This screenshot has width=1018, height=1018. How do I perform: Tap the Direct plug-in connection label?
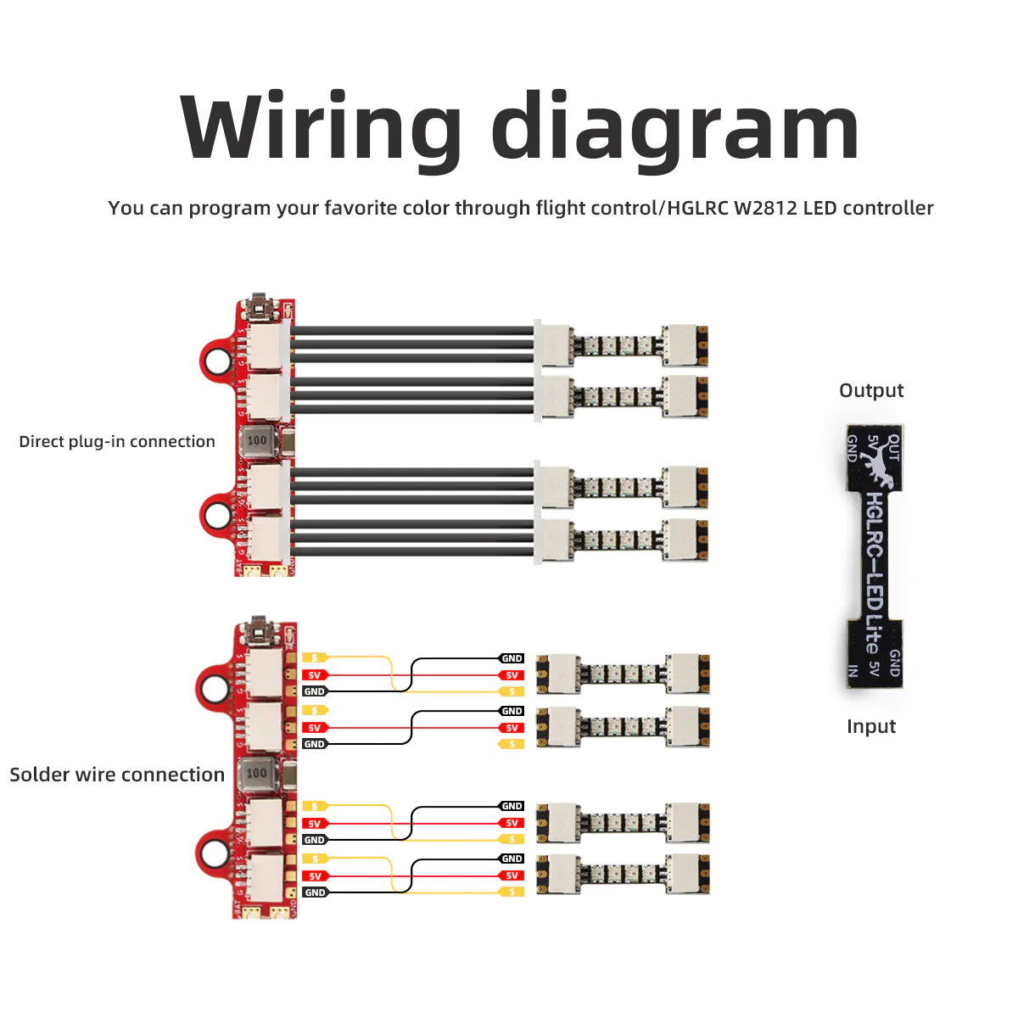tap(117, 441)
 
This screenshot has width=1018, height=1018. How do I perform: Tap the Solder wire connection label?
tap(117, 775)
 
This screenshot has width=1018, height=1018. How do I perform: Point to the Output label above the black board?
tap(871, 390)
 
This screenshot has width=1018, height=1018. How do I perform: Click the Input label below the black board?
tap(871, 726)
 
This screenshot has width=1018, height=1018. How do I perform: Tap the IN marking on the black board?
tap(853, 671)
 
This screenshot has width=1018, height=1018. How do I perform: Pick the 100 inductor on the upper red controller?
tap(256, 440)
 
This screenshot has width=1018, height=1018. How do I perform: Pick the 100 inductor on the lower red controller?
tap(256, 773)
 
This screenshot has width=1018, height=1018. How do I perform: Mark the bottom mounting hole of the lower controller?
tap(214, 850)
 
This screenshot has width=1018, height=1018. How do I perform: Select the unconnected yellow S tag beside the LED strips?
tap(512, 744)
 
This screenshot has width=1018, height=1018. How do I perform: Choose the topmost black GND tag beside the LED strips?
tap(512, 658)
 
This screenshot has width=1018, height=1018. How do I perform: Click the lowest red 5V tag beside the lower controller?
tap(315, 876)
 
